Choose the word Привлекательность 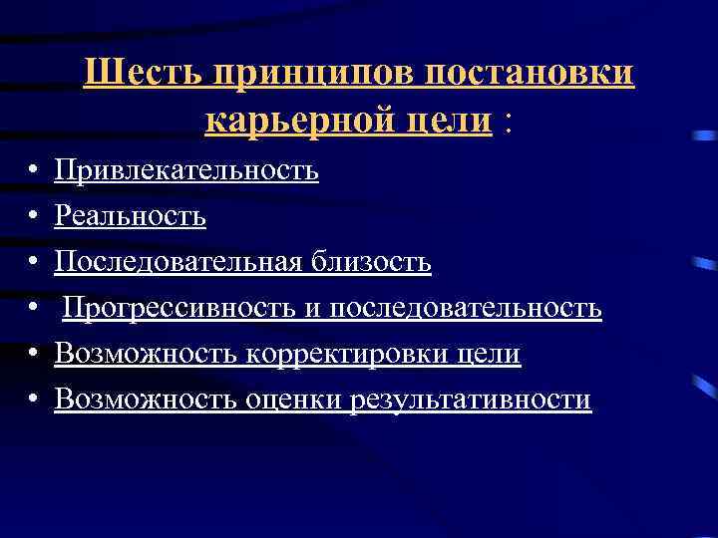pyautogui.click(x=186, y=170)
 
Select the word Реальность pyautogui.click(x=131, y=216)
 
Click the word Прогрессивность pyautogui.click(x=179, y=308)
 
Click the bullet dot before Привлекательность pyautogui.click(x=34, y=171)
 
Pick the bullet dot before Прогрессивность pyautogui.click(x=34, y=309)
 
